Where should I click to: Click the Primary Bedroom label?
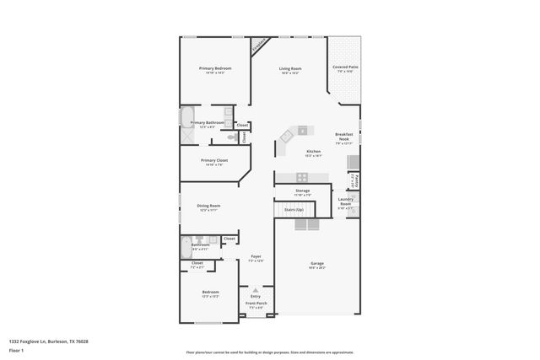tap(215, 68)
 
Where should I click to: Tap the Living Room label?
tap(291, 68)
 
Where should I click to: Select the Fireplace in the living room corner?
tap(260, 44)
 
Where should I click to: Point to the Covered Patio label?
tap(345, 67)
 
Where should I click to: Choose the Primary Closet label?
tap(214, 160)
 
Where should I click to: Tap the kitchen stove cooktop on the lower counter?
tap(302, 176)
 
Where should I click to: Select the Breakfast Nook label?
tap(343, 137)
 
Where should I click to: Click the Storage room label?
tap(302, 191)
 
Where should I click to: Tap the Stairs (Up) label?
tap(293, 208)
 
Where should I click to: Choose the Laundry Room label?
tap(346, 202)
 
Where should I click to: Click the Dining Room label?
tap(209, 206)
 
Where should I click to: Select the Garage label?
tap(316, 264)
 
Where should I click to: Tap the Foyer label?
tap(256, 256)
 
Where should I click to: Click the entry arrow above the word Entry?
tap(255, 289)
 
